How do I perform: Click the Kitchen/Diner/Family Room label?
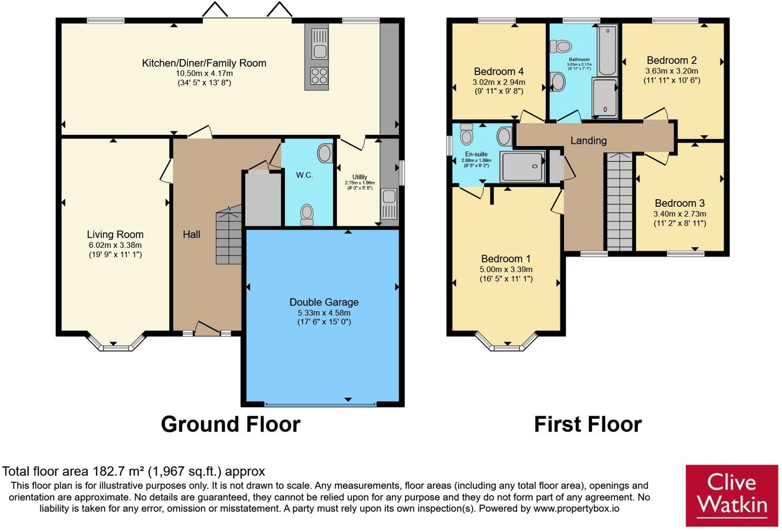204,63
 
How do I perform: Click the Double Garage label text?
324,302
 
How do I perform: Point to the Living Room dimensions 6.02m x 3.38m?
115,245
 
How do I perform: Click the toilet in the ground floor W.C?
307,214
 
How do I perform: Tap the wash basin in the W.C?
324,153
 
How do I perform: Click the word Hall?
191,234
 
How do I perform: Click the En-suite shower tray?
522,166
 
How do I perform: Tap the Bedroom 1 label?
505,259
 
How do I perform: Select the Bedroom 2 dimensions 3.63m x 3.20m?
671,71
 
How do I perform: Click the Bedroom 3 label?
679,203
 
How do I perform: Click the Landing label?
588,140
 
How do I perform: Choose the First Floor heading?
587,424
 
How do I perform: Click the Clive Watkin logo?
731,495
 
